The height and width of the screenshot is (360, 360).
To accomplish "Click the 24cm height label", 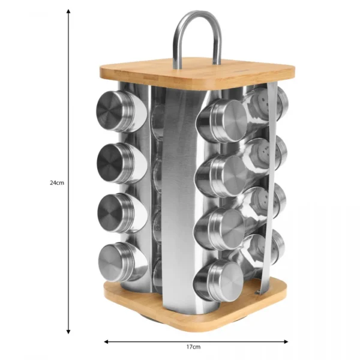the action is [57, 183].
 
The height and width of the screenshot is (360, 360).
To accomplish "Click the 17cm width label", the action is [193, 347].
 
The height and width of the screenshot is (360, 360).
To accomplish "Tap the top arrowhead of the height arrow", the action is [68, 11].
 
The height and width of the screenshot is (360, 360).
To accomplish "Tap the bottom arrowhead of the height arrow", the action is [68, 332].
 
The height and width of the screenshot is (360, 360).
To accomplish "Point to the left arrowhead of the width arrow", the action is [106, 341].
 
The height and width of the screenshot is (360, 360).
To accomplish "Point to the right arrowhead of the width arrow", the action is [286, 341].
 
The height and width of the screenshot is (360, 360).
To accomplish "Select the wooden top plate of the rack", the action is [197, 73].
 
